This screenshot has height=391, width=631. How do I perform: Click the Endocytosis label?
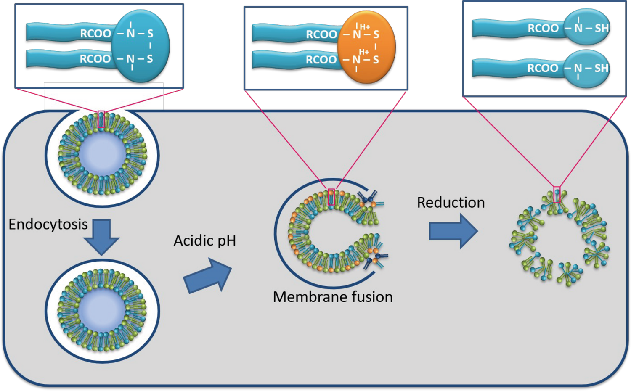tap(48, 224)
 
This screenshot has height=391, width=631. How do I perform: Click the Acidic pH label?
tap(205, 240)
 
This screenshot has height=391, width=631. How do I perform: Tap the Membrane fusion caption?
tap(333, 297)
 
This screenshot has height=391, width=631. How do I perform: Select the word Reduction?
tap(451, 202)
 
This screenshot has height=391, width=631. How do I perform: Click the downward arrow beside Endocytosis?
tap(101, 236)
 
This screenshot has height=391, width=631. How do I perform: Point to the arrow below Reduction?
tap(453, 231)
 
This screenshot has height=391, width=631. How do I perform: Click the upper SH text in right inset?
tap(602, 28)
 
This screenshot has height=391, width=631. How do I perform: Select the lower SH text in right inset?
tap(602, 68)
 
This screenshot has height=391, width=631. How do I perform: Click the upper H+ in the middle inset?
tap(365, 27)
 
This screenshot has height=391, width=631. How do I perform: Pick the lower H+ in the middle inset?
tap(364, 52)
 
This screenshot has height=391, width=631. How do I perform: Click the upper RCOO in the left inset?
tap(95, 34)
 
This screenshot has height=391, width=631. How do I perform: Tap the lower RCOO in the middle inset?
tap(321, 60)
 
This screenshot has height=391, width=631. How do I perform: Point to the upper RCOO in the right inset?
tap(543, 28)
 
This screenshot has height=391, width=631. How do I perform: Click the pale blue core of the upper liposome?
tap(102, 155)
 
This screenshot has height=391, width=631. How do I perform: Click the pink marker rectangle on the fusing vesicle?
tap(331, 197)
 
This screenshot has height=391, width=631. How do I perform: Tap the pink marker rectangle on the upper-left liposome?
tap(101, 119)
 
